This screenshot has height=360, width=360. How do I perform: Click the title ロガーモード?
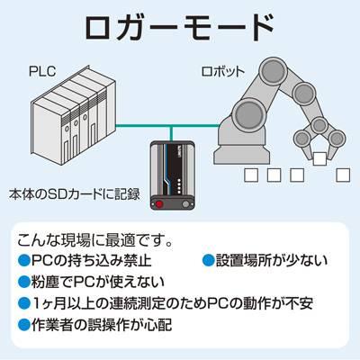click(179, 27)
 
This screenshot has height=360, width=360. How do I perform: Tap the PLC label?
click(42, 71)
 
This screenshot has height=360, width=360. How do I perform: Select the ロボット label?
click(223, 72)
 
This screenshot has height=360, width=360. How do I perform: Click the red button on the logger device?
click(159, 204)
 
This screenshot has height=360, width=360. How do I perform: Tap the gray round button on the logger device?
click(186, 204)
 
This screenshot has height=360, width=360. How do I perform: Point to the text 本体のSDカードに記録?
click(75, 194)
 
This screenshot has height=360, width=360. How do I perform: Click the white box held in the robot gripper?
click(319, 158)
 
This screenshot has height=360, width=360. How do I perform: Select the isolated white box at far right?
click(343, 175)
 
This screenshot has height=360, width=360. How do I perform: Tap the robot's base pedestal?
click(242, 149)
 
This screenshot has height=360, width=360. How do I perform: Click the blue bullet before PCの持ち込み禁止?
click(24, 260)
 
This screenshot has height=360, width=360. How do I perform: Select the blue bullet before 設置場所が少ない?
click(209, 260)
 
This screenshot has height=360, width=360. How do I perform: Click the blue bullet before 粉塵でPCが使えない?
click(24, 282)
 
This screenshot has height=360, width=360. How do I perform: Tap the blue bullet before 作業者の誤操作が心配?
click(24, 324)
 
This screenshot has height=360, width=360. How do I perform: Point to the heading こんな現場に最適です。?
click(94, 240)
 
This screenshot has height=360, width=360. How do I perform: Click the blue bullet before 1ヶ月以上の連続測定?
click(24, 303)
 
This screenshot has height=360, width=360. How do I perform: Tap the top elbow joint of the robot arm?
click(274, 72)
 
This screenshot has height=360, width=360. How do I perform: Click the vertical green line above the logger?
click(171, 133)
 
